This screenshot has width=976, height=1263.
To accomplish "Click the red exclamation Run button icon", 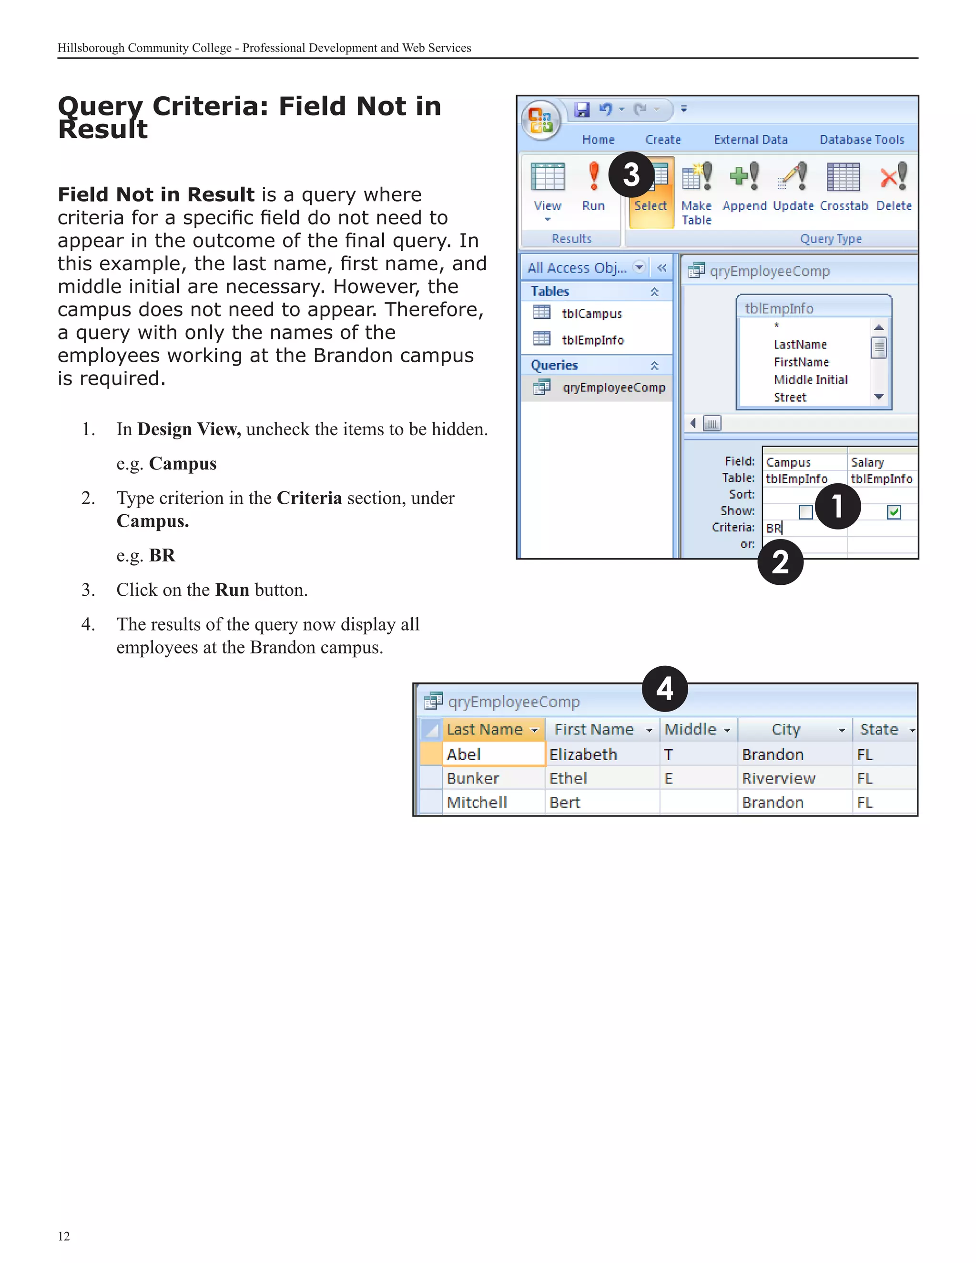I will [x=593, y=176].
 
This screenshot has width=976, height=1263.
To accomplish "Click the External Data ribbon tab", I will [x=750, y=139].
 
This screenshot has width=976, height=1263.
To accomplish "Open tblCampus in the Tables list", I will [x=591, y=314].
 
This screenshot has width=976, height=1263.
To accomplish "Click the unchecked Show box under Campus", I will [x=805, y=512].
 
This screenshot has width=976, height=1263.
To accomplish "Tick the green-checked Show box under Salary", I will [x=894, y=512].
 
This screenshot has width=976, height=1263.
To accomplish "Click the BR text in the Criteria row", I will [x=773, y=528].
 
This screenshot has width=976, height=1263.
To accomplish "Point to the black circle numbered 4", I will [x=664, y=689].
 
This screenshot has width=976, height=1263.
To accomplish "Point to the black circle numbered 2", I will [x=780, y=562].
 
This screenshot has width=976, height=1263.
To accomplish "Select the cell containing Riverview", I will [x=778, y=778].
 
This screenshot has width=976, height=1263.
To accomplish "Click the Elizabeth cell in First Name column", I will [x=583, y=754].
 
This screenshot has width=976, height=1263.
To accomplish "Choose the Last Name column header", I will [x=485, y=729].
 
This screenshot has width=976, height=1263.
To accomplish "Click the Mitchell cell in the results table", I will [x=477, y=802].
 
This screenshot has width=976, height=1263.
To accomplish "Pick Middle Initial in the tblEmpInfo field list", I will [x=810, y=379].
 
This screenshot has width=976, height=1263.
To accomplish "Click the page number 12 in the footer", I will [x=63, y=1236].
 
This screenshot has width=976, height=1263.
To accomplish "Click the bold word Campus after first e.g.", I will [x=183, y=464].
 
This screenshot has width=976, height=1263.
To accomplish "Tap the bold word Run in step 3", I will [x=232, y=590].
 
